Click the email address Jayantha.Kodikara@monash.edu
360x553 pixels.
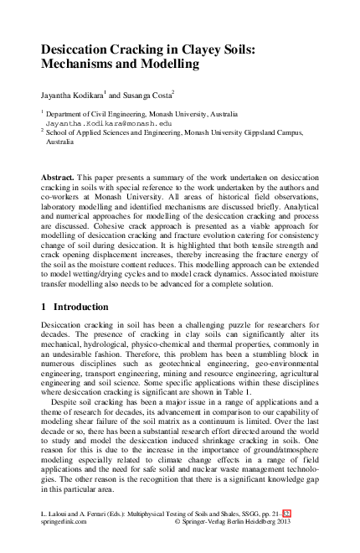tap(101, 123)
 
